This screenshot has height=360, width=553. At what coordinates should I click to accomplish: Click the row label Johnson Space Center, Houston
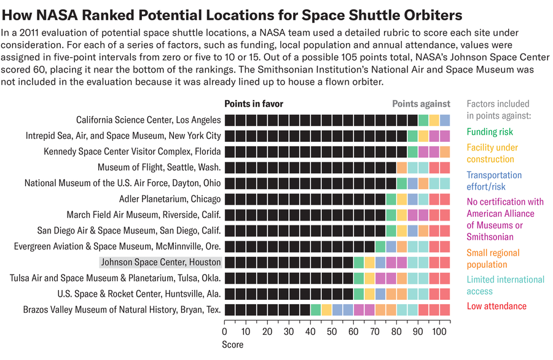pos(161,262)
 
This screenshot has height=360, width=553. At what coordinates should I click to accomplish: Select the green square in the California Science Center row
pos(423,120)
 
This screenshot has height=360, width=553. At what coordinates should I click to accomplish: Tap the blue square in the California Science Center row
pos(445,120)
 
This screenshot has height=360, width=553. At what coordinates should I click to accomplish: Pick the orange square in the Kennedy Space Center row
pos(445,151)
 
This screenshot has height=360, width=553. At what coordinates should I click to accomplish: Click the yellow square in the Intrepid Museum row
pos(423,136)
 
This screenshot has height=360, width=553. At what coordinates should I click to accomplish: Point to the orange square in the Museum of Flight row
pos(402,167)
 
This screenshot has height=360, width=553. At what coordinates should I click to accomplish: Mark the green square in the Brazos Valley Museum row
pos(316,310)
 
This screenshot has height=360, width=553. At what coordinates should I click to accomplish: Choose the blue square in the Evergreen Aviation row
pos(391,246)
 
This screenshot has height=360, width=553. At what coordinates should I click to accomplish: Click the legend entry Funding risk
pos(490,131)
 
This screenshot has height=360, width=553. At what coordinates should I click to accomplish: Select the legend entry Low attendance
pos(496,306)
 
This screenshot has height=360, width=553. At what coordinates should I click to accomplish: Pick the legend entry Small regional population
pos(493,259)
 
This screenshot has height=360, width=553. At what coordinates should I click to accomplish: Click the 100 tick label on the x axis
pos(439,332)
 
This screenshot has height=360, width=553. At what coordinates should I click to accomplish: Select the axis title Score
pos(232,345)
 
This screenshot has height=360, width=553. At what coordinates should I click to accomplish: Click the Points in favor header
pos(254,104)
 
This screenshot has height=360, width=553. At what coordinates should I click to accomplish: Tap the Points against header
pos(421,104)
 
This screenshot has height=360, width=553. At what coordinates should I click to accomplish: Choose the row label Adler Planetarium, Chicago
pos(170,199)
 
